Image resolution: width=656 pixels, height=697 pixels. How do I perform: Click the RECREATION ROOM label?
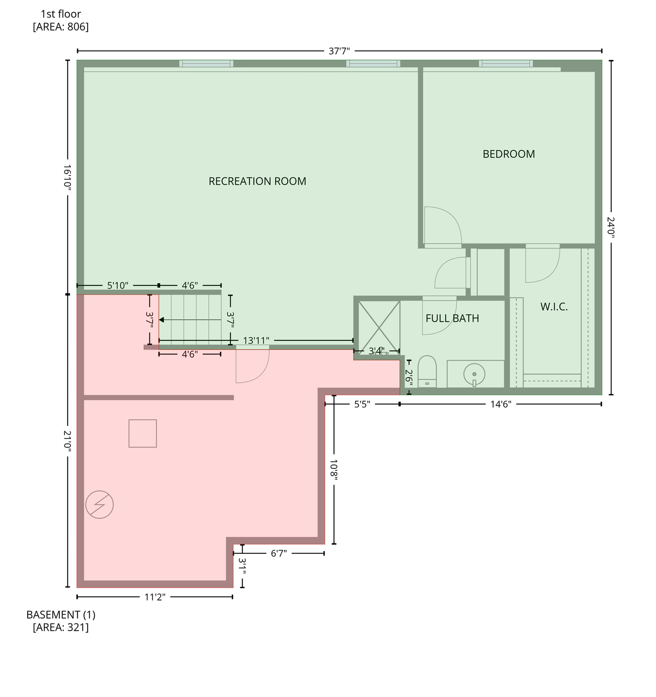257,181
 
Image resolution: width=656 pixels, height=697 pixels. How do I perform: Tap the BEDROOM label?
508,154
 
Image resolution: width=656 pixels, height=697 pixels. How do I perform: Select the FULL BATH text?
452,319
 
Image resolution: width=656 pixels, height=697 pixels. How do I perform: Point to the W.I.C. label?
554,307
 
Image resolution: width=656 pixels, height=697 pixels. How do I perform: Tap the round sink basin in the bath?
474,374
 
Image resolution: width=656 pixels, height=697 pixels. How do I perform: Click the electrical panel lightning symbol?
99,505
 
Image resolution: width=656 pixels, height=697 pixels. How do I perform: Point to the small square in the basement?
143,433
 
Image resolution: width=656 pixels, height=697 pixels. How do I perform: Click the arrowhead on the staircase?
162,320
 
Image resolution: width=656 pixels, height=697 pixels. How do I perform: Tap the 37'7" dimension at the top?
339,51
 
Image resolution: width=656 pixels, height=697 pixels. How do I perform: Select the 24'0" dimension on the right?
611,227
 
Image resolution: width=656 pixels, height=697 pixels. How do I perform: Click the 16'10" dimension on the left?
68,177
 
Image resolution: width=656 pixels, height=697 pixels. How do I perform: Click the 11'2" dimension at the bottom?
155,597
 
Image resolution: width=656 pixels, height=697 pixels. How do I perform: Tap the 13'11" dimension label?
256,341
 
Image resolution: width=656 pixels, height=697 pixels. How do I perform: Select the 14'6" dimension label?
501,404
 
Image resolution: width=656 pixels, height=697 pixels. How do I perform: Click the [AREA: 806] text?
60,27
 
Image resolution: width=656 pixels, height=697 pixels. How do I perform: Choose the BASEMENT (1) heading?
60,615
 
